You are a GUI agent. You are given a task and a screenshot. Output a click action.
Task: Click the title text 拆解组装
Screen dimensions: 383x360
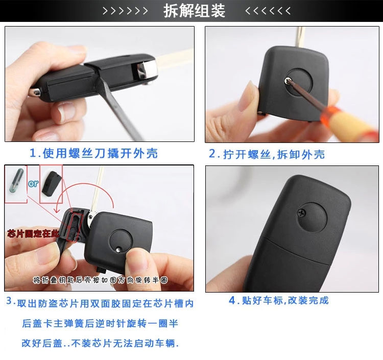click(x=194, y=11)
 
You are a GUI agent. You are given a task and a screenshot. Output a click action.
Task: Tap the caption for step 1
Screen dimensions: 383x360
click(x=93, y=153)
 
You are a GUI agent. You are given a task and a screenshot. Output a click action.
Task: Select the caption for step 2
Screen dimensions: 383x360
click(x=267, y=154)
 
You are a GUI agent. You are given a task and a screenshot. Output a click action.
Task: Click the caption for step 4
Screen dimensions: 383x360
click(x=279, y=300)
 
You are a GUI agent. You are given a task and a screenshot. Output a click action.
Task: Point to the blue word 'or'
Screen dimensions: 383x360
click(x=33, y=183)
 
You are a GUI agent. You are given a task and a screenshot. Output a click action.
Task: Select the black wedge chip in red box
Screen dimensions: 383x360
click(x=50, y=182)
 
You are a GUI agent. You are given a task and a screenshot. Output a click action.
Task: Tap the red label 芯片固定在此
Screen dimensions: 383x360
click(x=33, y=234)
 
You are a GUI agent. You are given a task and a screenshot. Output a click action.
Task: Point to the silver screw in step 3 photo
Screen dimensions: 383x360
click(x=118, y=250)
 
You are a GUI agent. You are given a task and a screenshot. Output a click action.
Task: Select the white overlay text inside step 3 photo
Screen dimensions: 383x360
click(x=101, y=280)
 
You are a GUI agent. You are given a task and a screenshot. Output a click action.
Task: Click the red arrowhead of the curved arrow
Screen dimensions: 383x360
click(x=58, y=209)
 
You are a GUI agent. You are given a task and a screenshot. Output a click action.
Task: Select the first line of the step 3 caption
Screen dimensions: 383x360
click(x=100, y=303)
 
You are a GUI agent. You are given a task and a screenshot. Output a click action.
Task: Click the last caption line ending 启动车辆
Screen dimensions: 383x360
click(x=100, y=343)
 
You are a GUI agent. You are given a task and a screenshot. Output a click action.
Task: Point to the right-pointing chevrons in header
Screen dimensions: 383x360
click(x=125, y=11)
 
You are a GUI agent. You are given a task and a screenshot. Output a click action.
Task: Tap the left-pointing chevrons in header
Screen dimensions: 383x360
click(x=268, y=11)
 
